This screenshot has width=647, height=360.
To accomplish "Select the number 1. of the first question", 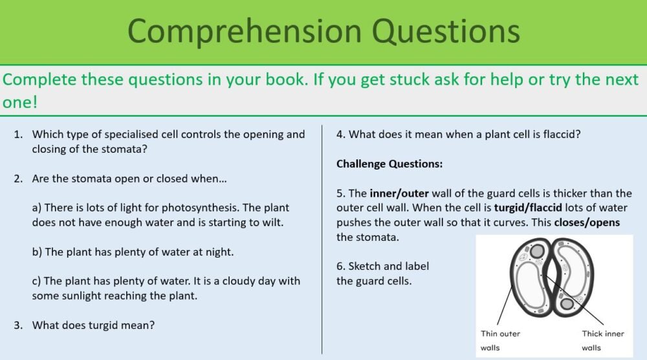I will (18, 135).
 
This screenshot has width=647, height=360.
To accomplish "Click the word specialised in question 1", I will (125, 135).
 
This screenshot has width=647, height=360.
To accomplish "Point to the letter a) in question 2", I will (38, 208).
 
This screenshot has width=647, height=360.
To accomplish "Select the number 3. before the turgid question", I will (18, 325).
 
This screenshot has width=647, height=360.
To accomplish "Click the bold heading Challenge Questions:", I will (389, 164).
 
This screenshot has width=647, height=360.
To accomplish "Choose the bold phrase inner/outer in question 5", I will (400, 193).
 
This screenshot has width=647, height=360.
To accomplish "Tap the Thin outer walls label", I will (500, 341).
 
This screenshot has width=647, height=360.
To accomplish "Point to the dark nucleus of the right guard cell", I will (567, 303).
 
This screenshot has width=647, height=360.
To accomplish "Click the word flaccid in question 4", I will (558, 135).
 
